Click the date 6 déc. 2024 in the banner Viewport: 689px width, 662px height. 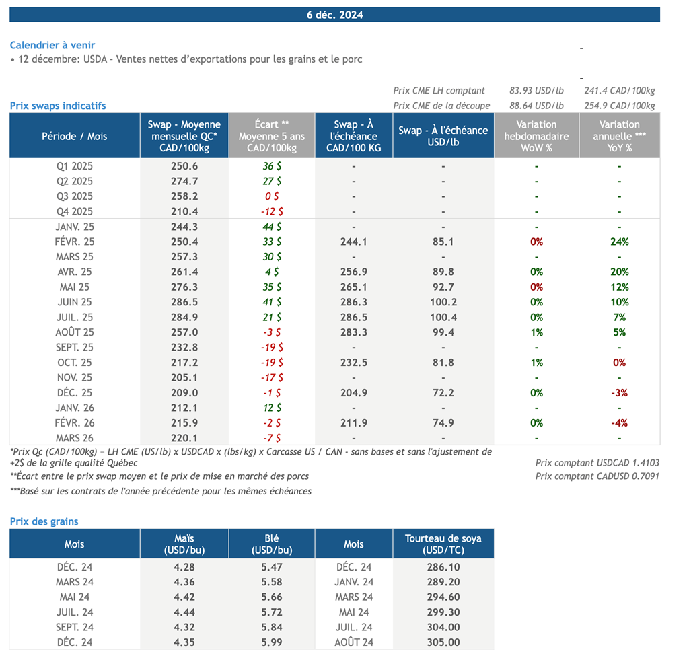(334, 15)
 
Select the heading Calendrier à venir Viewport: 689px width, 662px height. (52, 45)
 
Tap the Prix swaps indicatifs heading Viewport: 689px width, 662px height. (58, 106)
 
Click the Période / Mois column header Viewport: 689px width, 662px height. (74, 136)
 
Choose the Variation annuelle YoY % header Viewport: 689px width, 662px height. (619, 136)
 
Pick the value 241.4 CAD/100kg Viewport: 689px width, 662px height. (619, 91)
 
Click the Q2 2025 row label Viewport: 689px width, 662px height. (74, 181)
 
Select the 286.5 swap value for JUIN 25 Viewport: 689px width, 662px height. (184, 302)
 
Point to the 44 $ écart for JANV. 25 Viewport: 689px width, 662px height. (272, 227)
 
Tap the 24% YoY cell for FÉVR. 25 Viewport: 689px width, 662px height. (619, 242)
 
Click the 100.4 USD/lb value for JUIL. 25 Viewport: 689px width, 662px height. (443, 317)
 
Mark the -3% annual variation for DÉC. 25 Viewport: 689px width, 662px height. (619, 393)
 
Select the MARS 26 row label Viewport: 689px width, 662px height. (74, 439)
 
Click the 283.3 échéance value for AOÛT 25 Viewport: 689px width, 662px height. (353, 332)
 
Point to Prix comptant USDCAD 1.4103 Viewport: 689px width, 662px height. (597, 462)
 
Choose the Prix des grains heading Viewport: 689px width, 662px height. (44, 521)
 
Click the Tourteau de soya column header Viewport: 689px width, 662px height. (443, 544)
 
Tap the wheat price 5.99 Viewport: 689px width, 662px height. (271, 642)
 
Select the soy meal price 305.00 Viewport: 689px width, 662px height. (443, 642)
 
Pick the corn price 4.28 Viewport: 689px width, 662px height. (184, 567)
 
